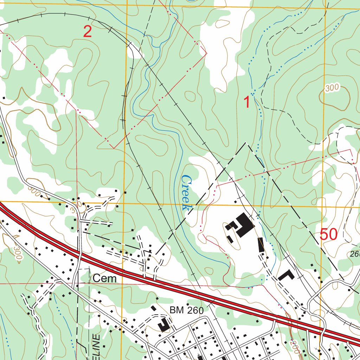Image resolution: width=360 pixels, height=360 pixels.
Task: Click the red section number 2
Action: pos(88,32)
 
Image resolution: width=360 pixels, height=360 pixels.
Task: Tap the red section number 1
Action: pos(247,102)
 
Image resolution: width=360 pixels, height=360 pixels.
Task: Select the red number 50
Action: pos(329,234)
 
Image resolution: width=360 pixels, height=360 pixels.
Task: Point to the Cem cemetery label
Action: pos(105,279)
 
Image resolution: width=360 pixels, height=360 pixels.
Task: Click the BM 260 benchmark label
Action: pos(186,310)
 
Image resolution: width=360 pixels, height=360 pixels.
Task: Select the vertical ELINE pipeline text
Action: pos(97,346)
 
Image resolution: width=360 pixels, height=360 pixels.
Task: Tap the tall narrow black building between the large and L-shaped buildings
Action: pos(261,245)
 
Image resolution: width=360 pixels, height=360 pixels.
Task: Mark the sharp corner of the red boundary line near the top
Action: pos(206,53)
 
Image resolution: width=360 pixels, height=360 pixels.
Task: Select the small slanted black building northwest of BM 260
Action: pos(154,308)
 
